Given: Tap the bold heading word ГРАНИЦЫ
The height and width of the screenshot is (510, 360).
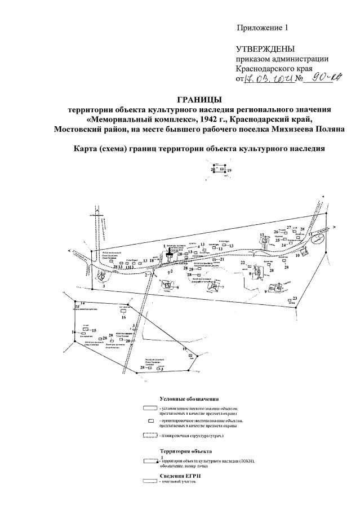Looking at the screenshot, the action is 195,99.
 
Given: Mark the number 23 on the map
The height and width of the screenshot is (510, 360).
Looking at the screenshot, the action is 294,298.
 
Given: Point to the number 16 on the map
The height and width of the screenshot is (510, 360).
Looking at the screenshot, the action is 123,317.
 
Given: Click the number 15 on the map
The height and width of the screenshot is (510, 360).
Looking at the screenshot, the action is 94,330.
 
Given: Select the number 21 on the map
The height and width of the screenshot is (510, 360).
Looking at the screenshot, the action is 222,260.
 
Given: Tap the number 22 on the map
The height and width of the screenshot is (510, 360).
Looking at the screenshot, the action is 243,263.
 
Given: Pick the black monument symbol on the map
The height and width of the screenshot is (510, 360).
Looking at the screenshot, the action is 168,253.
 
